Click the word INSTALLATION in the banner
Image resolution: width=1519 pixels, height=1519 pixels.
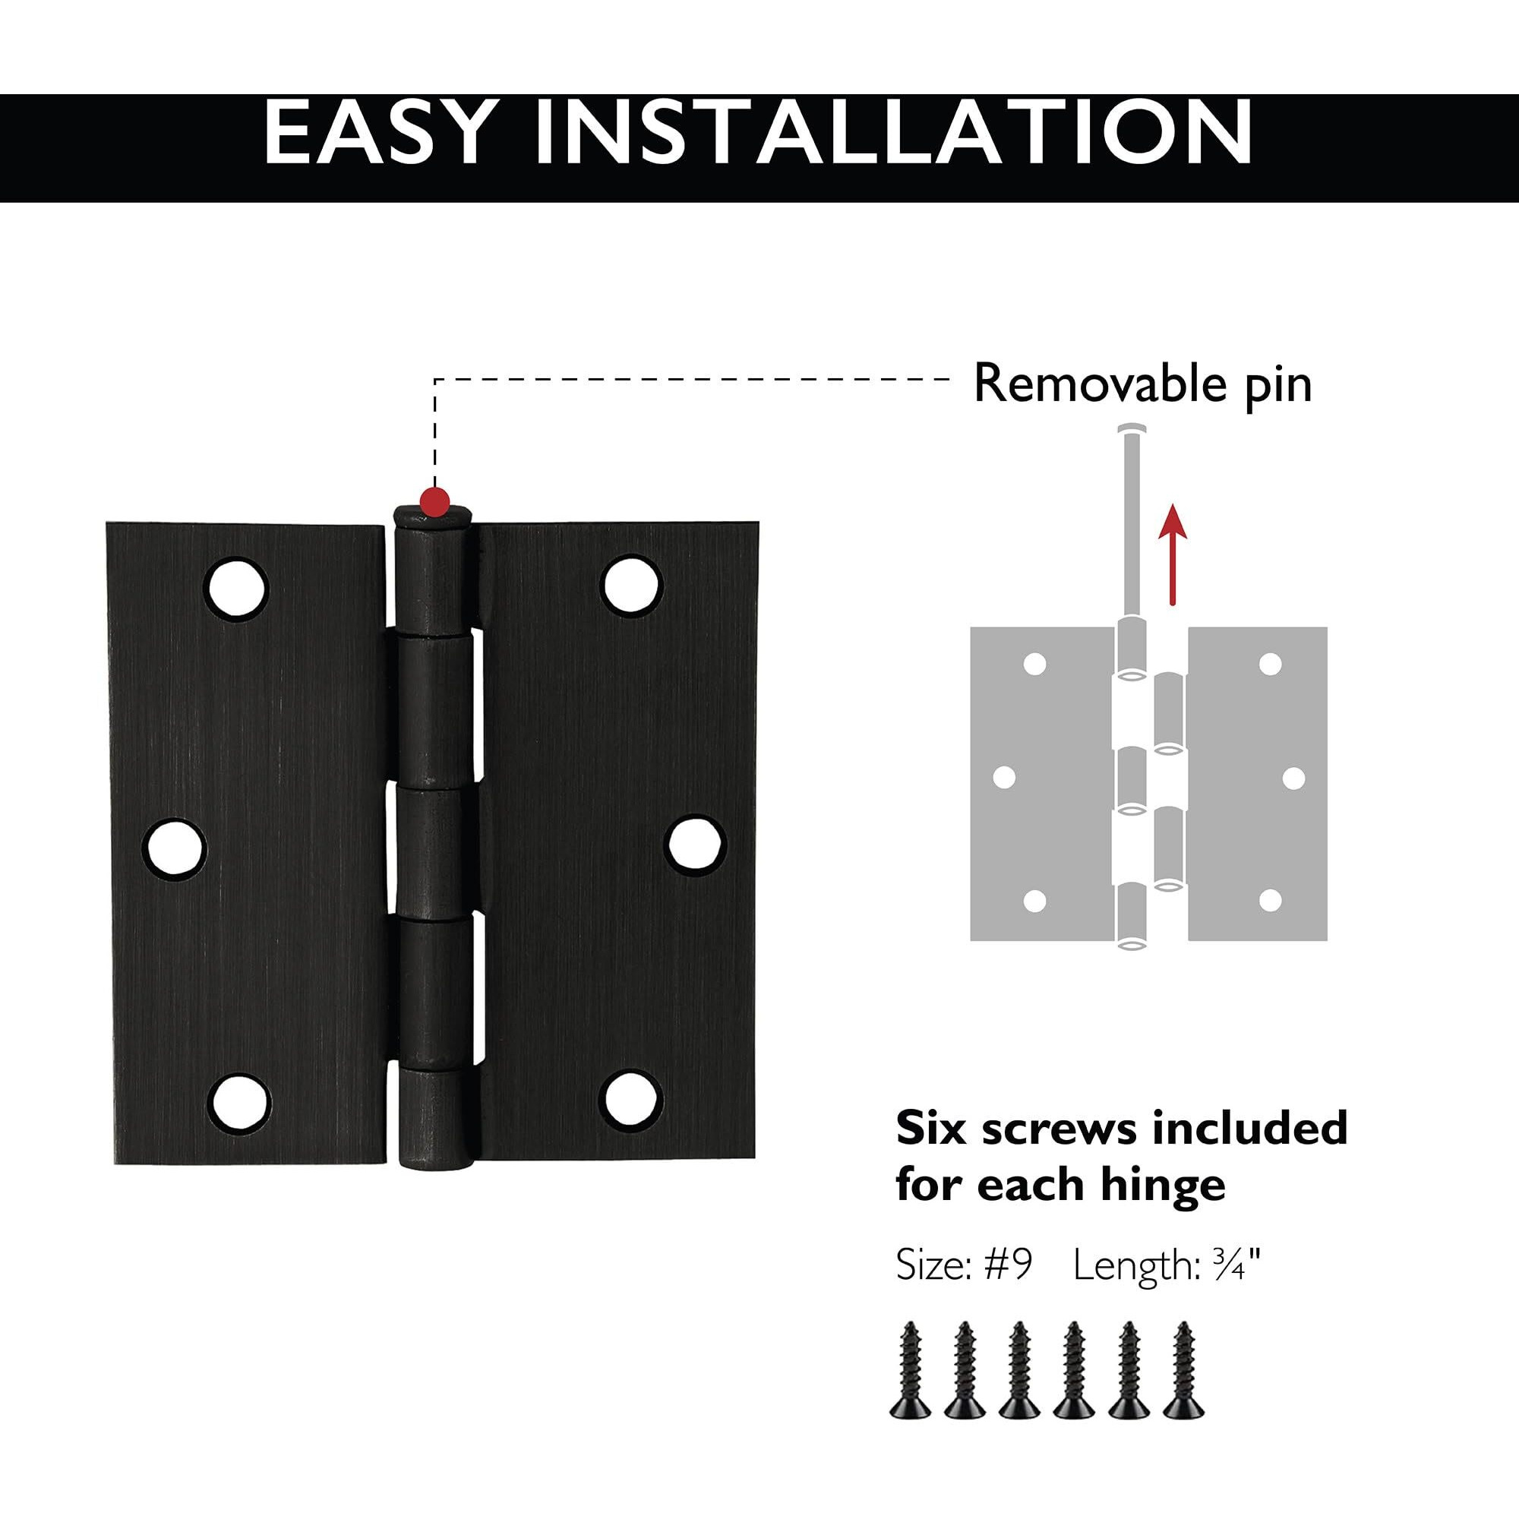point(893,133)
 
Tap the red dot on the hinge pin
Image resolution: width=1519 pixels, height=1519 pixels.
point(434,500)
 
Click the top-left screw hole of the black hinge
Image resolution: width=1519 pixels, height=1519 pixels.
point(238,589)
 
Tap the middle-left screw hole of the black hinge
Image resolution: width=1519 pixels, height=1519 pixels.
point(174,848)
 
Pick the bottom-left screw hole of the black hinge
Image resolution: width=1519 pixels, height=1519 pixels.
point(239,1099)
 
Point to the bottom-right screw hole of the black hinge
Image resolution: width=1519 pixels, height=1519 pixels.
point(629,1097)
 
